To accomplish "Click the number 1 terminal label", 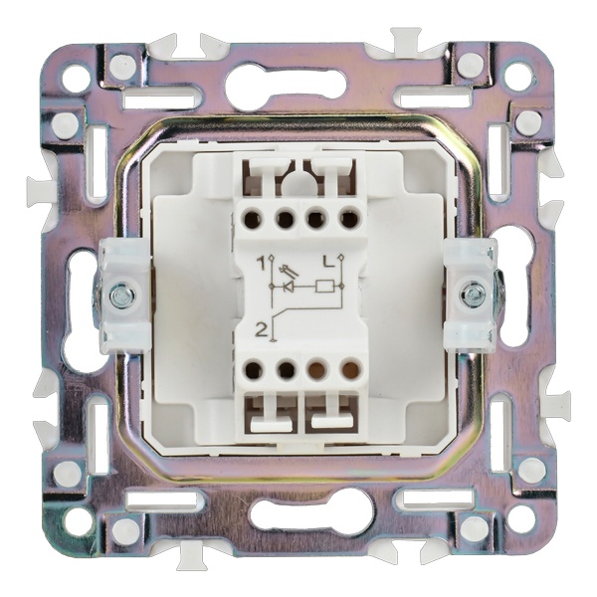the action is (x=261, y=263).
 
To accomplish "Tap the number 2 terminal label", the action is (x=261, y=330).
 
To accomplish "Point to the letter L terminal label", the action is (x=327, y=261).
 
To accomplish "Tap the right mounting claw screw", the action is (x=472, y=293).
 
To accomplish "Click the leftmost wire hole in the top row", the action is (x=254, y=219).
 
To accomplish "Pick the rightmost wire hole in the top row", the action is (x=349, y=219).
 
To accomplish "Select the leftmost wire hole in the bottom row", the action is (x=253, y=369).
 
